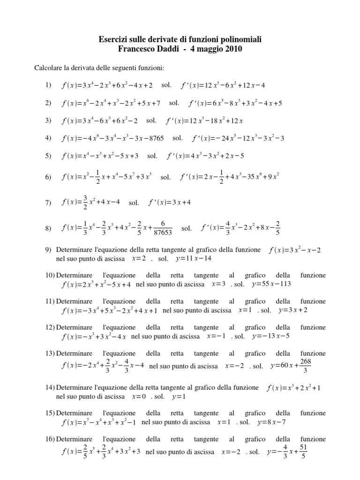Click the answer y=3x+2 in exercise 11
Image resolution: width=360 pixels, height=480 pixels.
click(293, 310)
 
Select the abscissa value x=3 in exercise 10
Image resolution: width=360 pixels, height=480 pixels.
click(219, 285)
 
